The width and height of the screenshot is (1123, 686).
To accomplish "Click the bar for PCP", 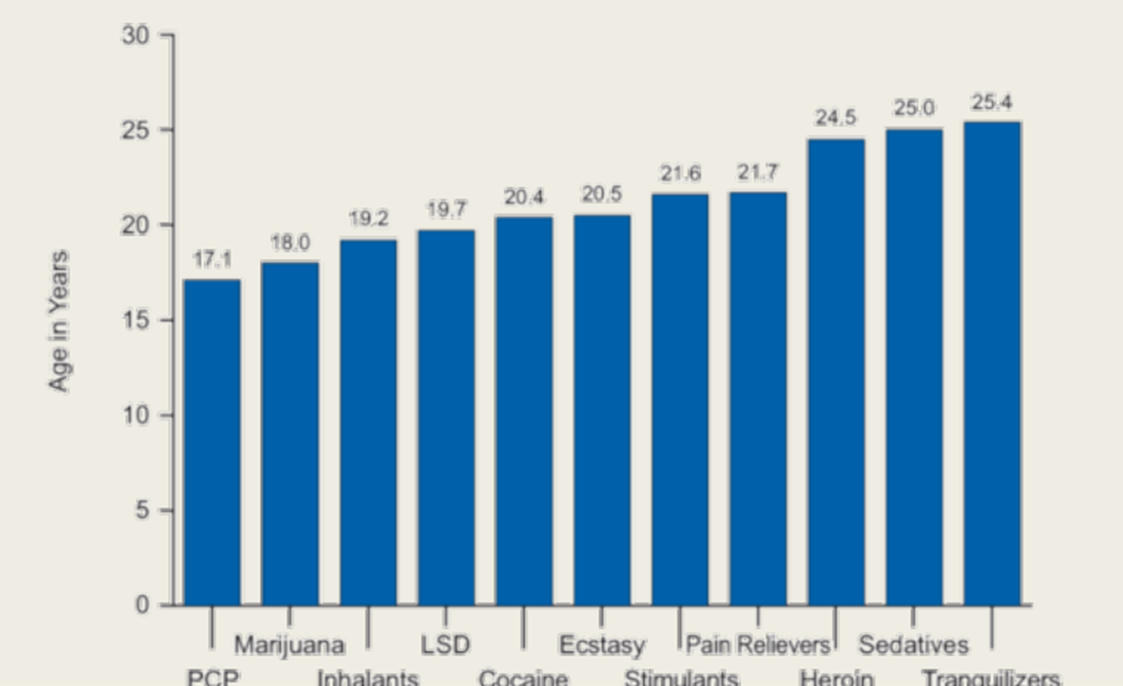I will (212, 442).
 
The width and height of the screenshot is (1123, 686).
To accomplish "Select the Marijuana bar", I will (290, 433).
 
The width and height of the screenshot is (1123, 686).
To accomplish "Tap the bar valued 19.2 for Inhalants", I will (368, 422).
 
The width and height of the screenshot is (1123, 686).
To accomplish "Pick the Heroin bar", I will (835, 372).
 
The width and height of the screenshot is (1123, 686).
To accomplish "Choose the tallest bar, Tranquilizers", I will (991, 363).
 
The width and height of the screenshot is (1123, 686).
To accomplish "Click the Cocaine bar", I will (524, 411).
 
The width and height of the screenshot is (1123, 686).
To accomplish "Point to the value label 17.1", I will (212, 259).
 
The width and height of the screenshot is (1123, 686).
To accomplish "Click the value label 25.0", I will (914, 109).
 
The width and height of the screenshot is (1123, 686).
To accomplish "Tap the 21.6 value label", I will (680, 174).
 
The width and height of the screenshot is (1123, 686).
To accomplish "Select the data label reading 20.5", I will (602, 195).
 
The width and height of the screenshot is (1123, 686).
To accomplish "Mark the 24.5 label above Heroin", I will (835, 118).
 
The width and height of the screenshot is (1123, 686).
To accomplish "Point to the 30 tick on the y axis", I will (135, 35).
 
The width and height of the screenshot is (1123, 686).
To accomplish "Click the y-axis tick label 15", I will (135, 320).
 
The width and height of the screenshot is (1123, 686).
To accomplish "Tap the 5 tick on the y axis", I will (141, 510).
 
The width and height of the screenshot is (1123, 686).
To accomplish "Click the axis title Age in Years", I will (59, 321).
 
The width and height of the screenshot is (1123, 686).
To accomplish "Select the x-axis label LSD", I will (446, 645).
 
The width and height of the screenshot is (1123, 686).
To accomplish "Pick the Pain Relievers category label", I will (758, 645).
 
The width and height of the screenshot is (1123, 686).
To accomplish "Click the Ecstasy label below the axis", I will (602, 645).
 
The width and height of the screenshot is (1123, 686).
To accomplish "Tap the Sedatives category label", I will (914, 645).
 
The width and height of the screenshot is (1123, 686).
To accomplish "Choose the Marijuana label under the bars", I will (290, 645).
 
